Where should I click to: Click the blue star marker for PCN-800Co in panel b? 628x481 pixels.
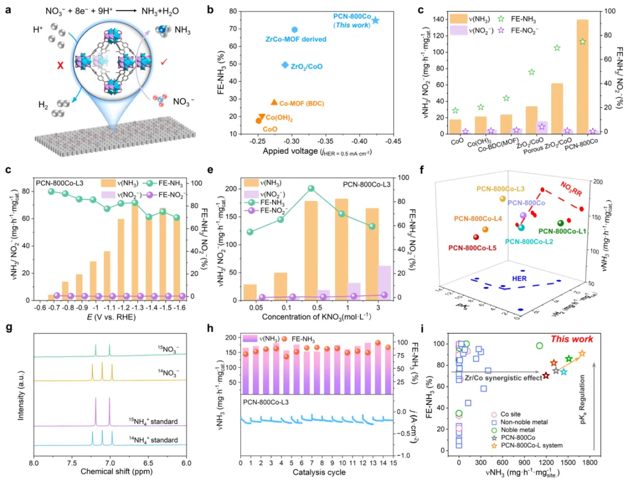coord(376,20)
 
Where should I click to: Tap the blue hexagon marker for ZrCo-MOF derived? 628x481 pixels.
coord(294,30)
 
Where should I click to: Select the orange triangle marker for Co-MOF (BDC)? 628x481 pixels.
coord(274,102)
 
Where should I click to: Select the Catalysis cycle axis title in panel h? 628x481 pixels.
coord(316,472)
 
